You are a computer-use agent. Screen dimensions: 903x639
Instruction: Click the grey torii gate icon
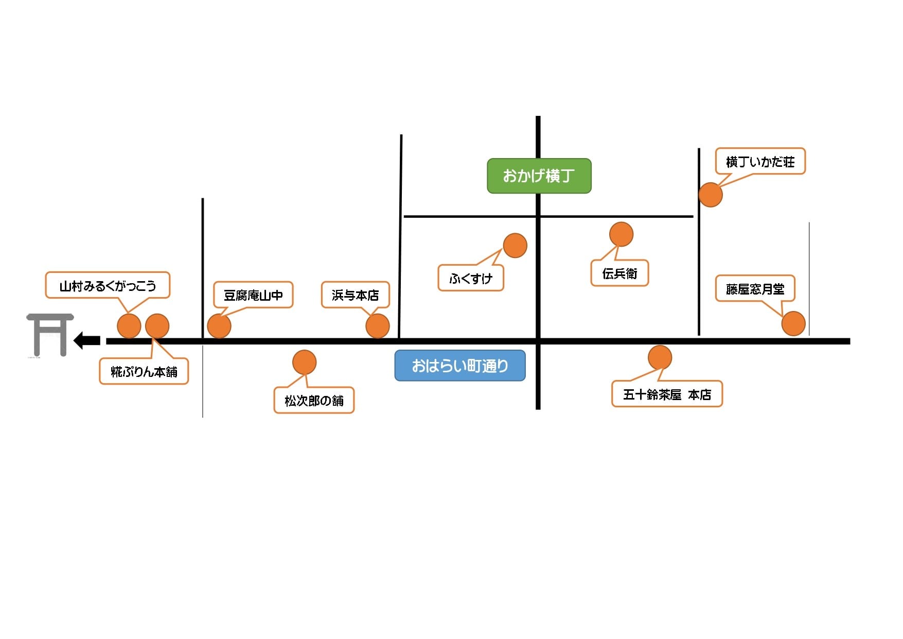click(x=50, y=335)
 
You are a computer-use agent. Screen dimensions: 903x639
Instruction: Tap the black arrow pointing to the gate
click(x=87, y=340)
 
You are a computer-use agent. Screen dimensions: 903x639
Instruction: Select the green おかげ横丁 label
click(x=539, y=176)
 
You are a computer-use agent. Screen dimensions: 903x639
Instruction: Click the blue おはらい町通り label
click(x=460, y=366)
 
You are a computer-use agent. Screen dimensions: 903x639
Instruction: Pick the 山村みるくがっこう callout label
click(x=108, y=285)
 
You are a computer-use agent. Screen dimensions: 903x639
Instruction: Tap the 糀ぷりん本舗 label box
click(x=144, y=371)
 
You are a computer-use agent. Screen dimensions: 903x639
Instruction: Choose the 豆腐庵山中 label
click(x=253, y=295)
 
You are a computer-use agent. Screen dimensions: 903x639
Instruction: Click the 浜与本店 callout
click(x=355, y=295)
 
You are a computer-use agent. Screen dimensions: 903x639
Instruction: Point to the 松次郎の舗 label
click(x=314, y=400)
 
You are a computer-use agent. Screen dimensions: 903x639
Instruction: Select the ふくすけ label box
click(x=471, y=278)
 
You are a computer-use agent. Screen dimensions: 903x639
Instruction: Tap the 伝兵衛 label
click(x=619, y=273)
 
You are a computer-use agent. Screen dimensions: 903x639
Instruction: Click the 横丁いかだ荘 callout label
click(x=760, y=161)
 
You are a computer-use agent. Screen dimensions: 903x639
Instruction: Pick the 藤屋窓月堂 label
click(x=755, y=288)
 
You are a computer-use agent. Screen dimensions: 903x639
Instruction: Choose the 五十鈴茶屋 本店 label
click(x=667, y=394)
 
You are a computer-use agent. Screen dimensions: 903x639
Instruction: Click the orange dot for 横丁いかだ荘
click(x=711, y=195)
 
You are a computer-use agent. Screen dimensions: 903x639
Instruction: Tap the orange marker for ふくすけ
click(x=515, y=246)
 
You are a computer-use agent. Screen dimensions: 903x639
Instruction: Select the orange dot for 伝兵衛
click(x=621, y=234)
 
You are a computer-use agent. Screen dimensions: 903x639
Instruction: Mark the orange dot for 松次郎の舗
click(x=304, y=362)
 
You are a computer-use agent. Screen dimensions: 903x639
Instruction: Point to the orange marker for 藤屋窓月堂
click(x=793, y=324)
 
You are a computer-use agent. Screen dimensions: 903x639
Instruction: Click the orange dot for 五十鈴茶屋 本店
click(x=660, y=357)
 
